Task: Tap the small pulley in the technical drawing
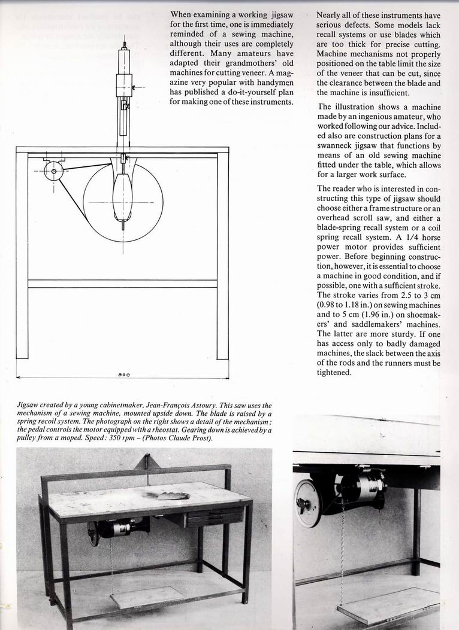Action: [54, 171]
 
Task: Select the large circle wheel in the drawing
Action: [123, 202]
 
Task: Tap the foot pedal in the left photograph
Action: [147, 596]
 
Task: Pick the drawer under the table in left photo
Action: [215, 516]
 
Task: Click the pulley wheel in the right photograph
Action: [309, 503]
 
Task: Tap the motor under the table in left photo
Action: [123, 527]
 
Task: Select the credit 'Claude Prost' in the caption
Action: [192, 439]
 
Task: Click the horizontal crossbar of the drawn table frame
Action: [122, 284]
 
